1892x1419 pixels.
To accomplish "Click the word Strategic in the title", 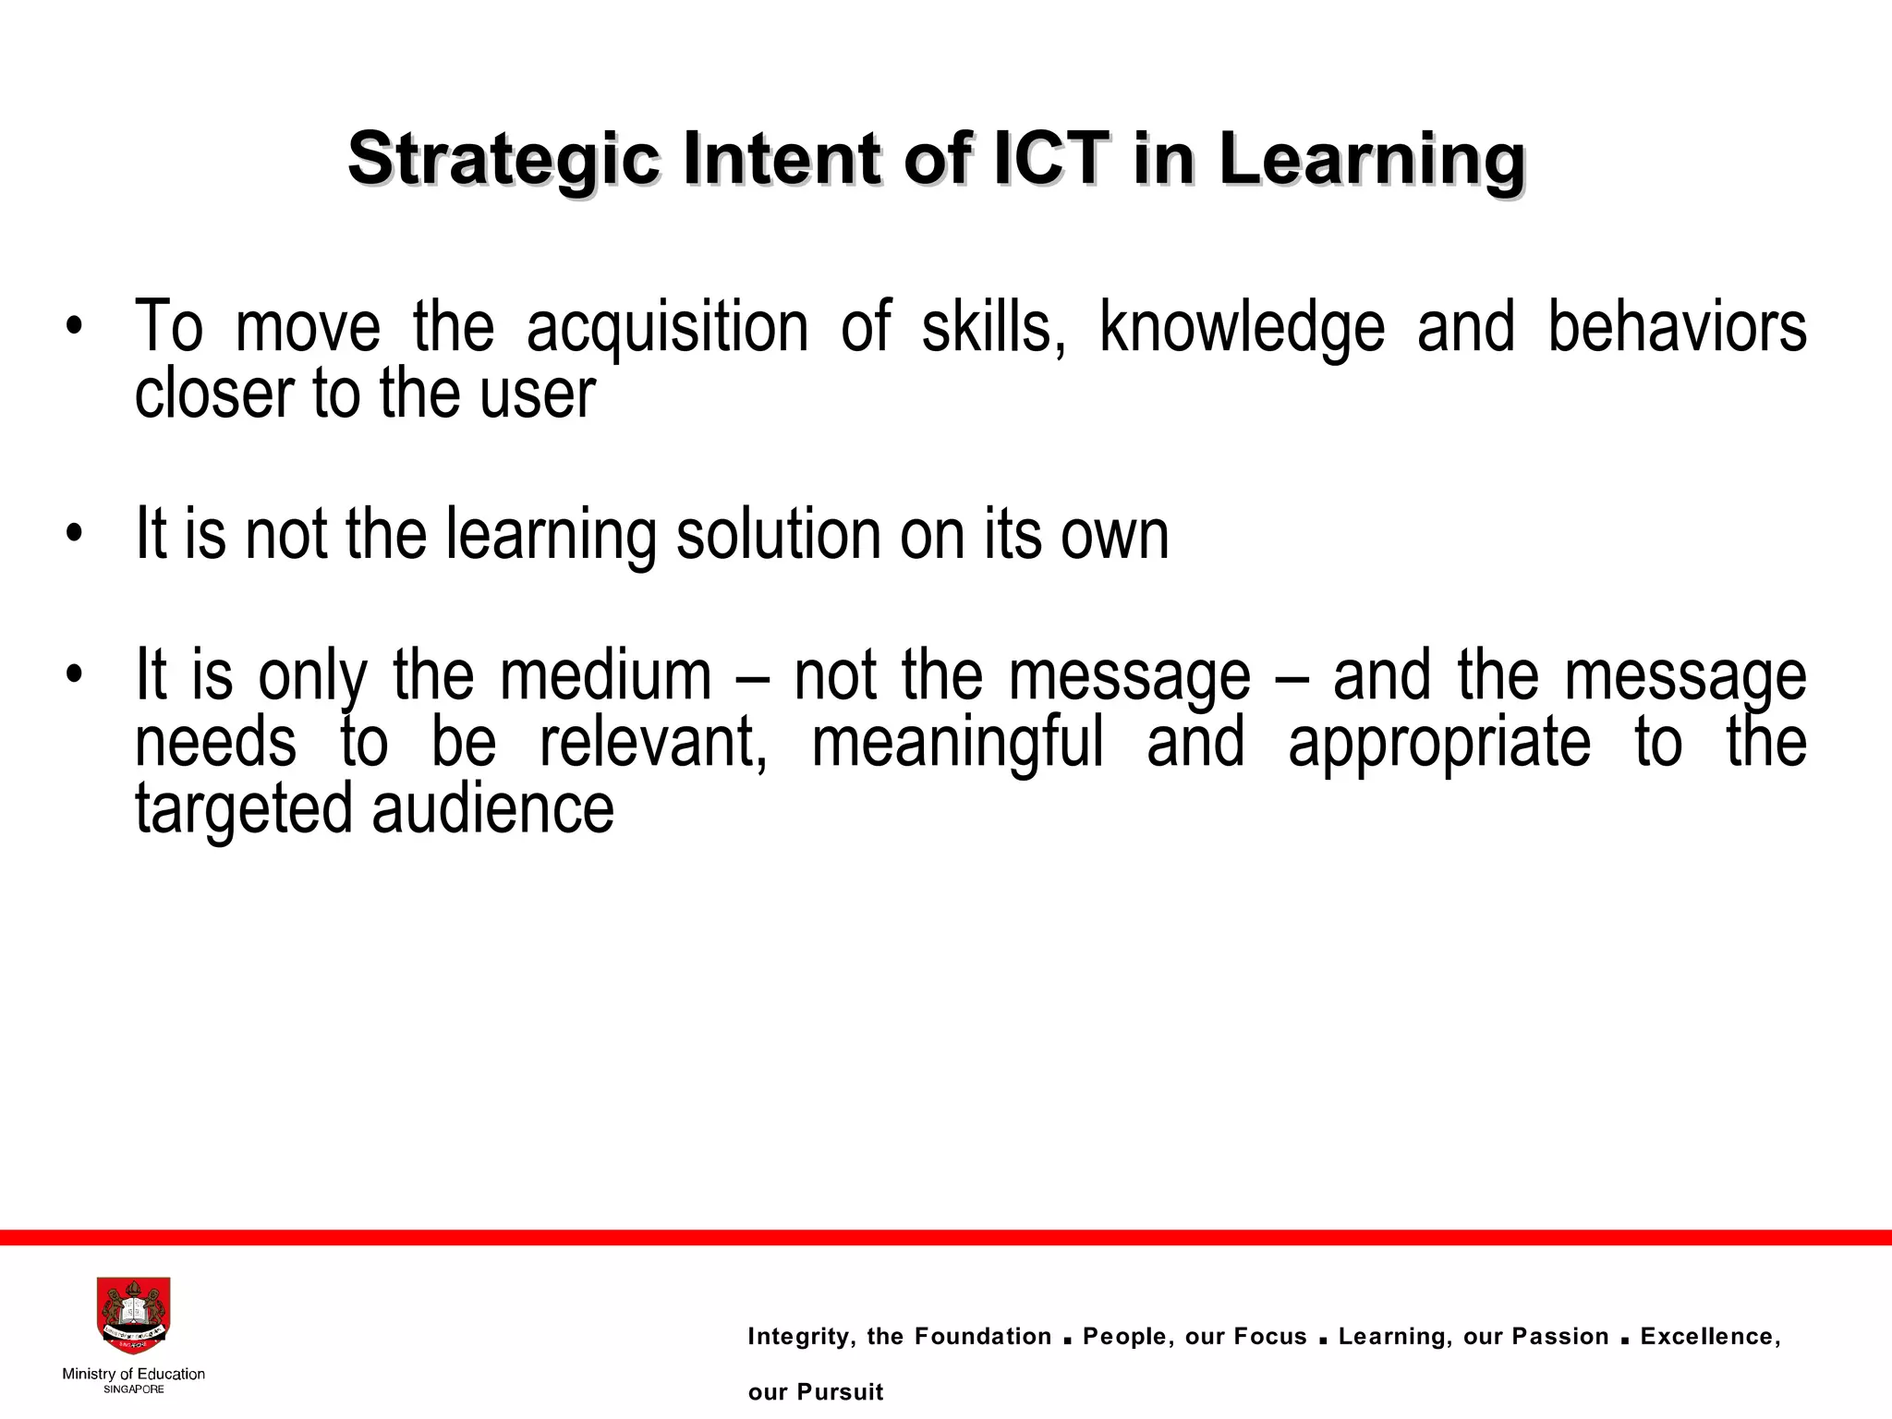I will [x=503, y=160].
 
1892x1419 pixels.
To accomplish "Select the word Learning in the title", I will [x=1370, y=160].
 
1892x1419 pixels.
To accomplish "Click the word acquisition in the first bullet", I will [x=666, y=328].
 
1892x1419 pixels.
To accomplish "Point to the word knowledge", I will [x=1242, y=328].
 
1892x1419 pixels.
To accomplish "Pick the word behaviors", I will [x=1677, y=328].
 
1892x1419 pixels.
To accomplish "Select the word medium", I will [x=605, y=675].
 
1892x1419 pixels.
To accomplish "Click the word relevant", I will [x=653, y=742].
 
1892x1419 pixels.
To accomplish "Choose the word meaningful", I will [x=957, y=742].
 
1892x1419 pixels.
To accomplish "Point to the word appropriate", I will [x=1438, y=742].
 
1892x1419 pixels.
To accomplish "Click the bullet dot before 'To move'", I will [x=74, y=330].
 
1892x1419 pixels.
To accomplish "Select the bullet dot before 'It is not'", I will [x=74, y=536].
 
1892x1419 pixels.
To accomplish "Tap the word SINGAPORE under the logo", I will [x=134, y=1389].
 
